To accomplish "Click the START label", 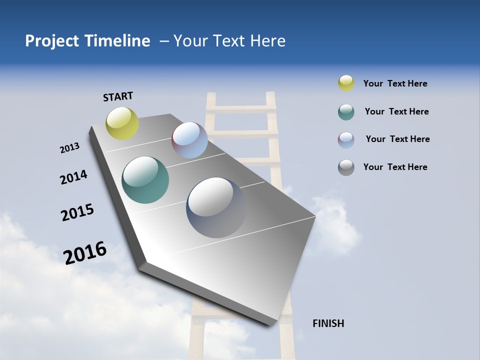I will [x=118, y=96].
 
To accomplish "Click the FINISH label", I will [x=328, y=323].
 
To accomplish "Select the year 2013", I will [x=69, y=148].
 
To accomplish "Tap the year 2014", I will [x=73, y=177].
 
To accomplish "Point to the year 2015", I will [x=77, y=212].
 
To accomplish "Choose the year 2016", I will [x=85, y=253].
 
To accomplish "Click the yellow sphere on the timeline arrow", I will [x=122, y=123].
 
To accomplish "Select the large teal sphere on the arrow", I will [x=145, y=180].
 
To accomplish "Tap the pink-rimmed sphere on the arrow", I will [x=189, y=140].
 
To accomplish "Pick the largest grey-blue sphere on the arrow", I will [x=216, y=207].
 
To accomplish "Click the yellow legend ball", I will [x=346, y=83].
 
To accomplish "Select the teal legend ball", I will [x=346, y=112].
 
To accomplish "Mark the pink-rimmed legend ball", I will [x=346, y=139].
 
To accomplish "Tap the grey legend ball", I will [x=346, y=167].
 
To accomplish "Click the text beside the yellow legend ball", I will [x=395, y=84].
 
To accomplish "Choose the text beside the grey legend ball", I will [x=395, y=167].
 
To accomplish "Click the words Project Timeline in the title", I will [x=87, y=41].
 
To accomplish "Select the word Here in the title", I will [x=267, y=41].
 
